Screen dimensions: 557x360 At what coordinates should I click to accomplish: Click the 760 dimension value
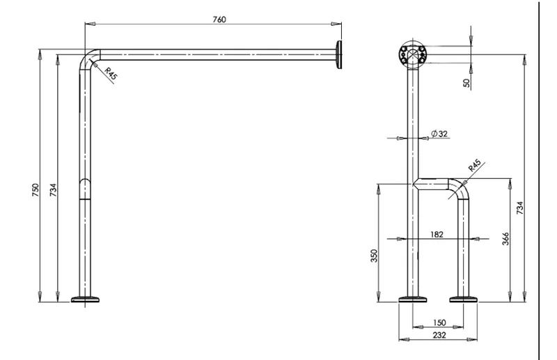point(219,19)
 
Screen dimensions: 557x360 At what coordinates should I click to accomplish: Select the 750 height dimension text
point(36,190)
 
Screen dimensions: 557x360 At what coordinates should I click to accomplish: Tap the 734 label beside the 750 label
point(53,190)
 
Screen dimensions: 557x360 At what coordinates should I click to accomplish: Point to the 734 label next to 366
point(519,208)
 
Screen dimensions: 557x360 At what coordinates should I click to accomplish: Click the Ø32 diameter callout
point(439,134)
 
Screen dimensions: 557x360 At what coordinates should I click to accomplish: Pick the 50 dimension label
point(466,83)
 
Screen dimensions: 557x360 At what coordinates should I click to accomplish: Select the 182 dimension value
point(437,234)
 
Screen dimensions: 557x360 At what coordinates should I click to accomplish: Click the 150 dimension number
point(439,322)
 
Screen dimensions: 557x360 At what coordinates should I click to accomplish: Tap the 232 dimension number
point(439,335)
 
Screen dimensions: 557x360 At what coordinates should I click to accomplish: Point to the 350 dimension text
point(374,256)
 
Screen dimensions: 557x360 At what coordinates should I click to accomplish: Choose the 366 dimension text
point(505,238)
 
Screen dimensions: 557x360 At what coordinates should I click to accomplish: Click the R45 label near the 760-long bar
point(111,73)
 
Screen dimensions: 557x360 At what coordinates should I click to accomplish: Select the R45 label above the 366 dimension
point(475,166)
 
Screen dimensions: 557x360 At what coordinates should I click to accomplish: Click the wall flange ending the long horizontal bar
point(339,55)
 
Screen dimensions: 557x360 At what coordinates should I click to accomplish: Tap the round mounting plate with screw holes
point(412,55)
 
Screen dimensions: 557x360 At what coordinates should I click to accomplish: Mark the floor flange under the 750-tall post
point(85,299)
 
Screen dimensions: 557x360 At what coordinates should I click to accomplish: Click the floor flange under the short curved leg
point(463,299)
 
